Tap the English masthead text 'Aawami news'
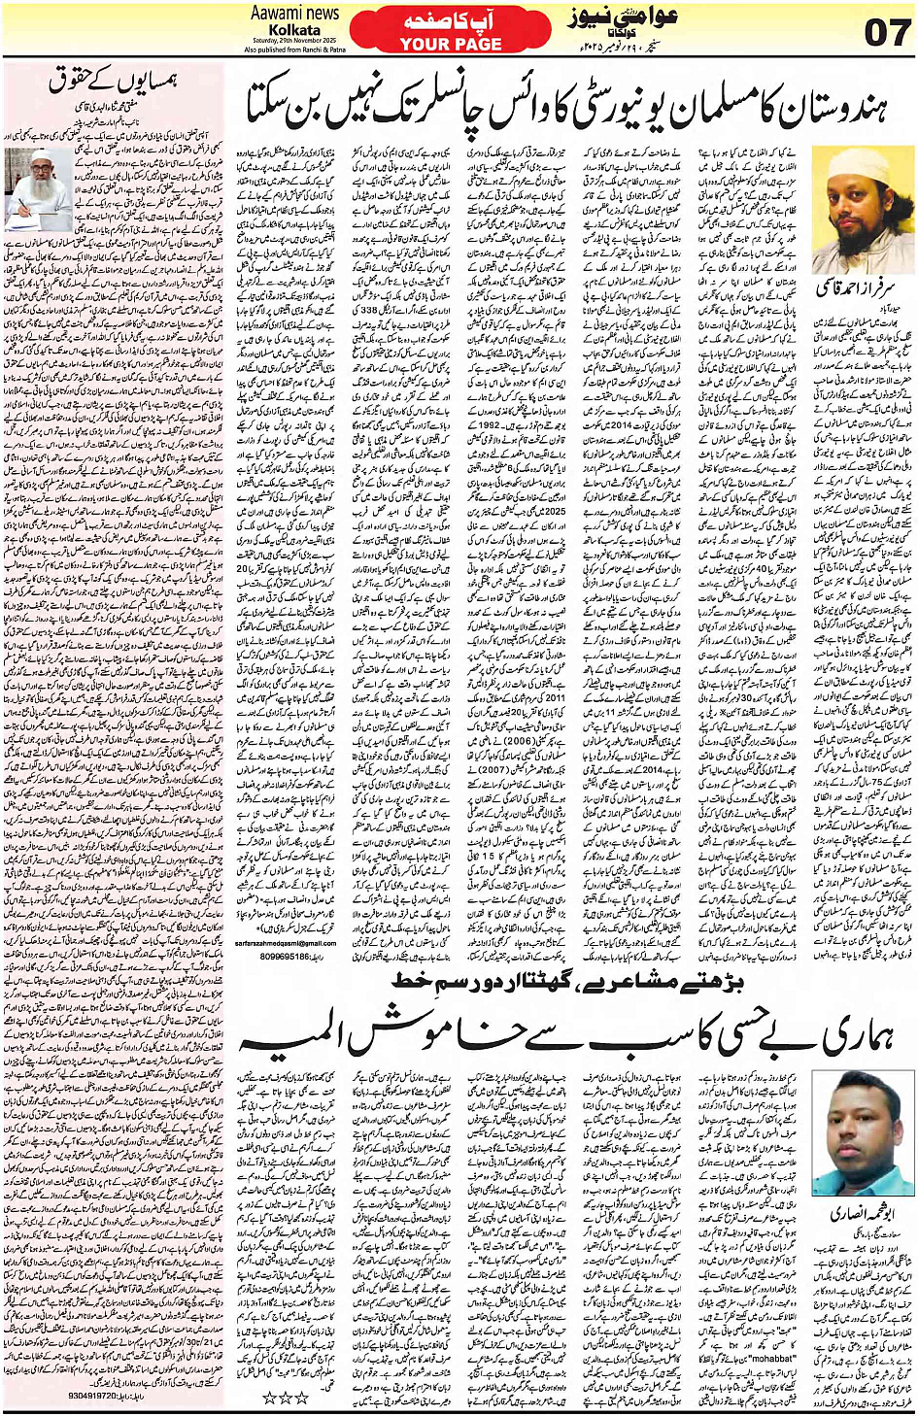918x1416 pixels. coord(295,14)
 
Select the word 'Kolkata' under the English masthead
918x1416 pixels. coord(294,30)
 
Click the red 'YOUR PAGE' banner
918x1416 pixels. coord(451,44)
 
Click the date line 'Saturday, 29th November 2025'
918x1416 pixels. coord(293,42)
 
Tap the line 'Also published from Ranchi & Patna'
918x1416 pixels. coord(294,50)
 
